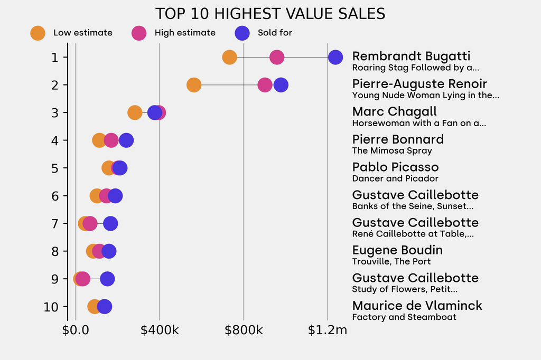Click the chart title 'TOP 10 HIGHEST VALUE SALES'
[270, 14]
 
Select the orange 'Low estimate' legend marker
[38, 33]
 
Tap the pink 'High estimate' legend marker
[139, 33]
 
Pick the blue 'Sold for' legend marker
[242, 33]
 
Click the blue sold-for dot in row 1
[335, 57]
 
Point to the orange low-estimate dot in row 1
[229, 57]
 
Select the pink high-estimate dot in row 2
[265, 84]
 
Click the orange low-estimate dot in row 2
[194, 84]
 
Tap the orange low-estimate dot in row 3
[135, 112]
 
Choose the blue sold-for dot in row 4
[126, 140]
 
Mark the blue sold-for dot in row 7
[110, 223]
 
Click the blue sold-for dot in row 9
[107, 279]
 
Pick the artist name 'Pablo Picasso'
[395, 167]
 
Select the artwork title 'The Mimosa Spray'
[392, 151]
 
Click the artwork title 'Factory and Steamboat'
[404, 317]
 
